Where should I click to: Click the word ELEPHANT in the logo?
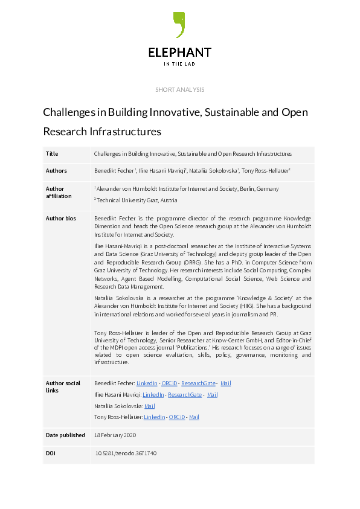pyautogui.click(x=180, y=53)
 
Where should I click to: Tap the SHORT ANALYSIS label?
pyautogui.click(x=180, y=90)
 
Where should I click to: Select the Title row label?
pyautogui.click(x=52, y=154)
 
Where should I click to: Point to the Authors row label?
pyautogui.click(x=56, y=171)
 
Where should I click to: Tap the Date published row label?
pyautogui.click(x=65, y=435)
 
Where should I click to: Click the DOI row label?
pyautogui.click(x=51, y=453)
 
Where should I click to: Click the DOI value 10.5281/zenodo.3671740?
pyautogui.click(x=126, y=453)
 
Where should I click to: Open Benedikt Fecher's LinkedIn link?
pyautogui.click(x=147, y=383)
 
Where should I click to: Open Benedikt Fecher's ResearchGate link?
pyautogui.click(x=199, y=383)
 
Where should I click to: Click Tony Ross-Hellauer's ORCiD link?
pyautogui.click(x=177, y=417)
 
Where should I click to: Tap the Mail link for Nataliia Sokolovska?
pyautogui.click(x=150, y=406)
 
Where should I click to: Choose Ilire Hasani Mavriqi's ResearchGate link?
pyautogui.click(x=185, y=395)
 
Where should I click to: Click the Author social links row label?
pyautogui.click(x=63, y=386)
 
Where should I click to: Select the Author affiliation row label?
pyautogui.click(x=59, y=192)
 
